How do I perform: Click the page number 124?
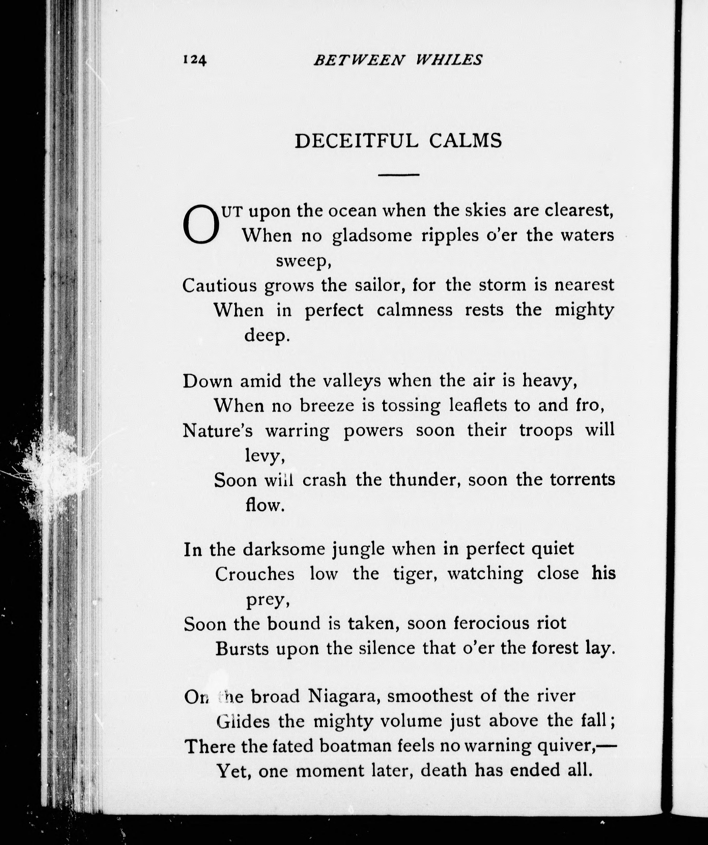coord(195,60)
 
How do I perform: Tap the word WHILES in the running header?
coord(449,60)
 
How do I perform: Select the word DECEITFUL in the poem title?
coord(356,141)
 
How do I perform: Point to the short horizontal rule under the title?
coord(399,175)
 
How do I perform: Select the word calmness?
coord(415,310)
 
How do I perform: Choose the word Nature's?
coord(218,431)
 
